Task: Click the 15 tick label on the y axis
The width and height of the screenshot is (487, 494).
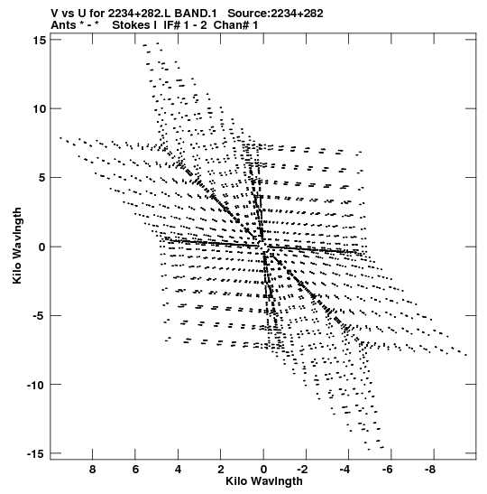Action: click(x=40, y=40)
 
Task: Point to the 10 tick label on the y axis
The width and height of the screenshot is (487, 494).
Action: click(x=40, y=109)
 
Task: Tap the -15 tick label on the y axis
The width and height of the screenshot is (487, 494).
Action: click(x=35, y=454)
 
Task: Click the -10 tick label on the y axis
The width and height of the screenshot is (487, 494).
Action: click(x=35, y=385)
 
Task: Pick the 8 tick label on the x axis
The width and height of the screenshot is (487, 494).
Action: click(x=92, y=470)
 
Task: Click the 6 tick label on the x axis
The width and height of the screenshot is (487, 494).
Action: click(x=135, y=470)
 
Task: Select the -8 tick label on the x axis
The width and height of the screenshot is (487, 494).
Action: click(x=430, y=470)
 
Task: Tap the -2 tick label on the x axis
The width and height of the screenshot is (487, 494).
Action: click(x=302, y=470)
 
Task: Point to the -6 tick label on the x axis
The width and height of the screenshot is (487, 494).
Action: click(x=388, y=470)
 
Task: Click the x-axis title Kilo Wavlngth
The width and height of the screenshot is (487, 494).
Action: click(x=264, y=481)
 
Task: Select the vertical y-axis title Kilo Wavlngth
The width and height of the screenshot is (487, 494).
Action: click(x=17, y=246)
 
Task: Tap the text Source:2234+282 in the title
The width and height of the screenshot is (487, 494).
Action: click(x=275, y=14)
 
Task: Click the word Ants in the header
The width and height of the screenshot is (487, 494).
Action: click(x=63, y=25)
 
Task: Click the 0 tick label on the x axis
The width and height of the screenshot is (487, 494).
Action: click(x=263, y=470)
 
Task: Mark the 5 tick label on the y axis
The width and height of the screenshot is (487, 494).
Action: click(x=42, y=178)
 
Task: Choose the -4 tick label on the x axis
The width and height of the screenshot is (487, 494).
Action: click(x=345, y=470)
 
